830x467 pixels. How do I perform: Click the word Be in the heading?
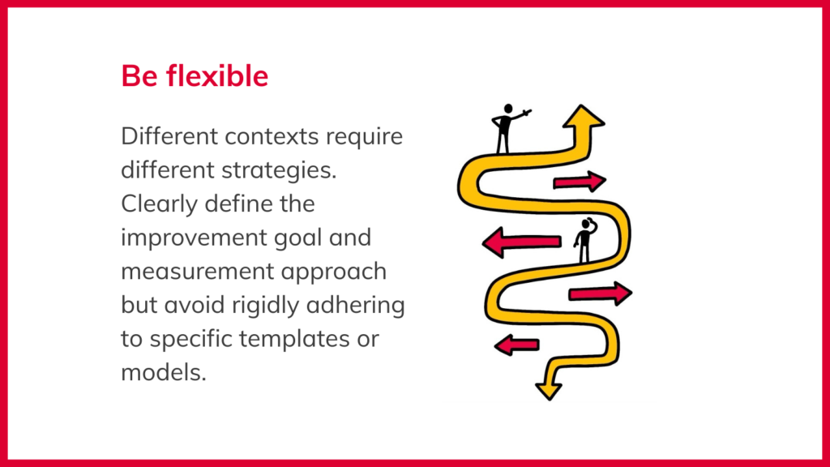pyautogui.click(x=139, y=75)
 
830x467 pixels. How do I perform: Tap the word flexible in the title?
pyautogui.click(x=217, y=75)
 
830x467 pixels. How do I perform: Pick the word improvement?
pyautogui.click(x=194, y=238)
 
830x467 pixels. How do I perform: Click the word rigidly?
pyautogui.click(x=265, y=306)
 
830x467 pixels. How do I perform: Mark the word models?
pyautogui.click(x=164, y=373)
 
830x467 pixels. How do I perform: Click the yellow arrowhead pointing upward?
pyautogui.click(x=584, y=117)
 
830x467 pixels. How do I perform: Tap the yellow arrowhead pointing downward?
pyautogui.click(x=549, y=391)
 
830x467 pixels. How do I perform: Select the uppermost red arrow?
pyautogui.click(x=580, y=182)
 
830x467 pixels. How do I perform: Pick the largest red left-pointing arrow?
pyautogui.click(x=521, y=242)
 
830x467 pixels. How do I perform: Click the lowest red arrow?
pyautogui.click(x=516, y=345)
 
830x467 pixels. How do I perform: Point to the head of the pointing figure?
pyautogui.click(x=508, y=109)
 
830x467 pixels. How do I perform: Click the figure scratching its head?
pyautogui.click(x=585, y=240)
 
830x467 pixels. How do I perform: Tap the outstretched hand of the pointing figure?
pyautogui.click(x=527, y=112)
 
